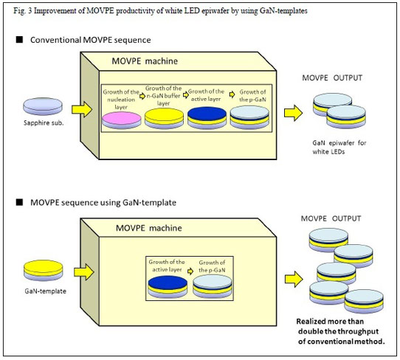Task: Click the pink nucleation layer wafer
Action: pyautogui.click(x=122, y=120)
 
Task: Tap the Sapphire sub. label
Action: pyautogui.click(x=44, y=123)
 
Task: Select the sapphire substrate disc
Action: pyautogui.click(x=43, y=106)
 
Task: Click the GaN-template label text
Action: pyautogui.click(x=46, y=291)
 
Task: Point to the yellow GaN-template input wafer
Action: pyautogui.click(x=43, y=271)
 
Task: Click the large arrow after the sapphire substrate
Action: pyautogui.click(x=82, y=110)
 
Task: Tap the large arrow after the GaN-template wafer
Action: pyautogui.click(x=84, y=272)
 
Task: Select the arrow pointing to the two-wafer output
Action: pyautogui.click(x=294, y=113)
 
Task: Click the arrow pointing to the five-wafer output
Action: pyautogui.click(x=294, y=279)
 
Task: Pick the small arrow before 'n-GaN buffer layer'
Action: pyautogui.click(x=142, y=96)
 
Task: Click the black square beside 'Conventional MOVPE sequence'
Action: pyautogui.click(x=19, y=40)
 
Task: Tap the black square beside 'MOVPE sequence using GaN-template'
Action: pyautogui.click(x=19, y=202)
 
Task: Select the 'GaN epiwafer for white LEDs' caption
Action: pyautogui.click(x=339, y=147)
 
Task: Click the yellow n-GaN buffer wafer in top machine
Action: pyautogui.click(x=164, y=119)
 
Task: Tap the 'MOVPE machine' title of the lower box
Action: pyautogui.click(x=149, y=228)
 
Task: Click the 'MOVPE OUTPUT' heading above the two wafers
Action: pyautogui.click(x=332, y=77)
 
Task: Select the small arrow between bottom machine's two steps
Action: pyautogui.click(x=190, y=271)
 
